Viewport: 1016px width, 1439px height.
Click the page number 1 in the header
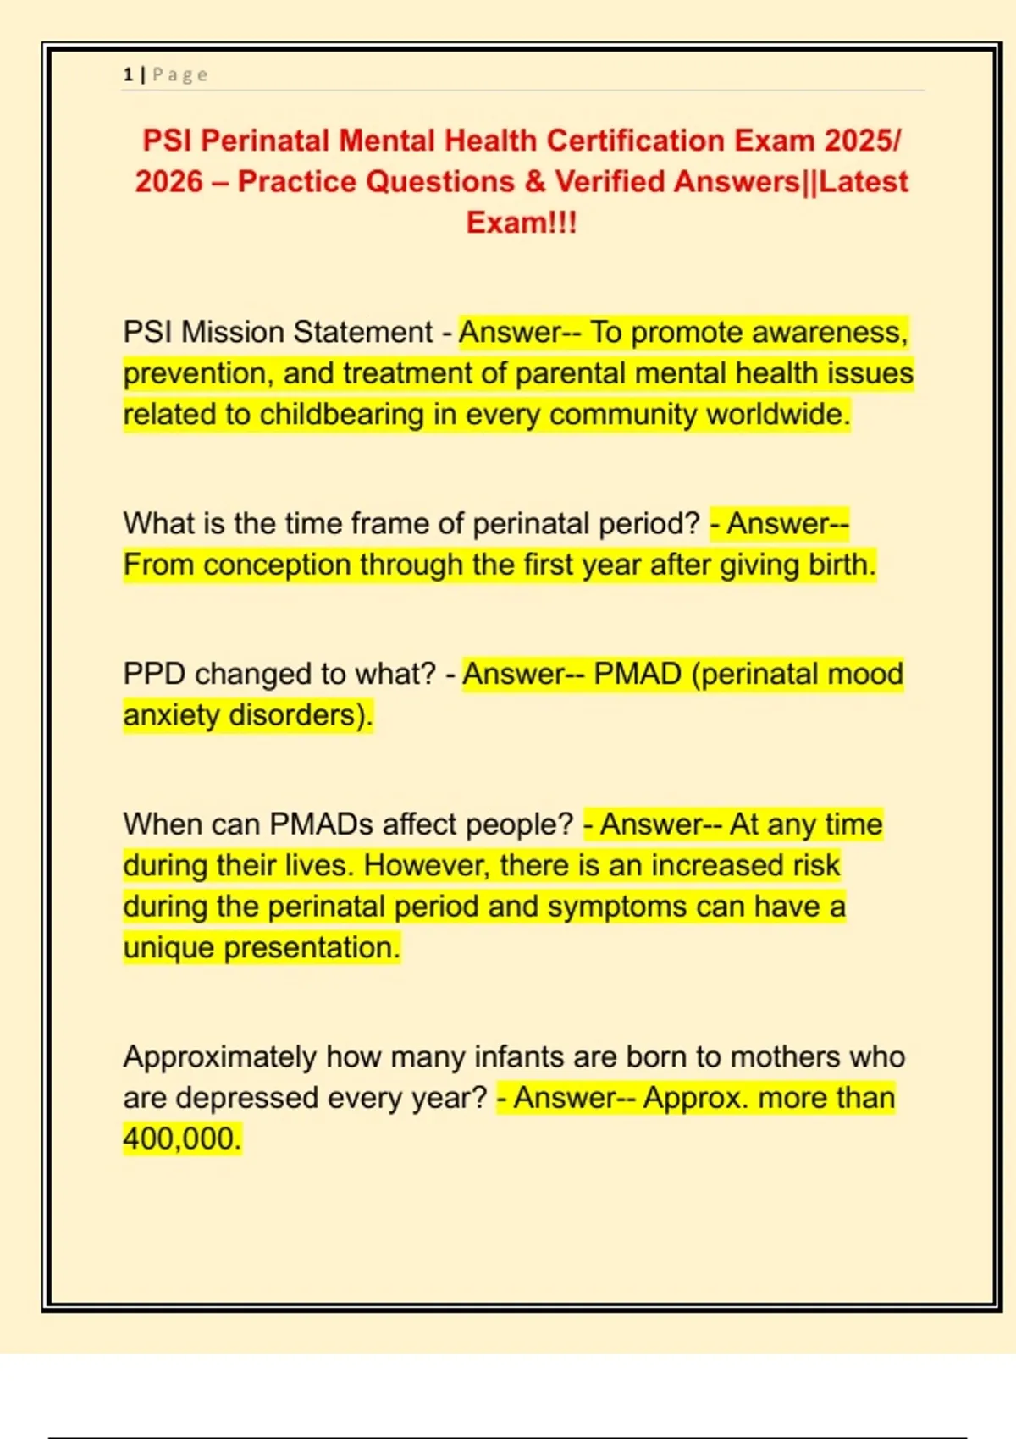tap(128, 75)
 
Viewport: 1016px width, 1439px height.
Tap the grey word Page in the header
tap(179, 75)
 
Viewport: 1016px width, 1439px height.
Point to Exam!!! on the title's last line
tap(522, 223)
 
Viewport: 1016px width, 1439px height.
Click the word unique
tap(168, 948)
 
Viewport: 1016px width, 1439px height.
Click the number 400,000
tap(181, 1139)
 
